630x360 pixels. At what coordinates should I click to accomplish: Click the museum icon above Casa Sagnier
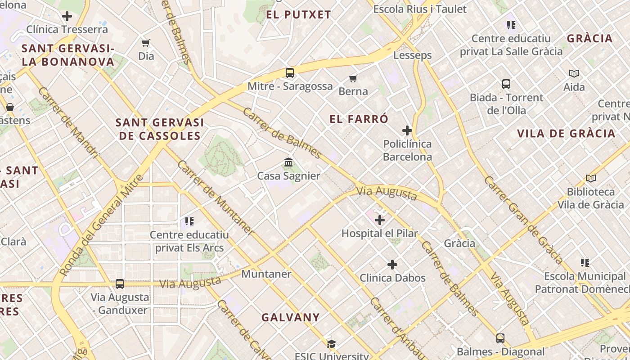click(288, 162)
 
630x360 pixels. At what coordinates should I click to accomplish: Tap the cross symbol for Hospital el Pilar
click(380, 220)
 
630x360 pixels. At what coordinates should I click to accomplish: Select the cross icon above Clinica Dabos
click(392, 265)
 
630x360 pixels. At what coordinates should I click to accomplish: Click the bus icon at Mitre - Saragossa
click(290, 72)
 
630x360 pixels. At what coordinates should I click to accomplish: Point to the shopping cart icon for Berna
click(353, 78)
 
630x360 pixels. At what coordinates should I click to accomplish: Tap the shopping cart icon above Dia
click(145, 43)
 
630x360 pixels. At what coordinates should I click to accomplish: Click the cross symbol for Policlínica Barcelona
click(407, 130)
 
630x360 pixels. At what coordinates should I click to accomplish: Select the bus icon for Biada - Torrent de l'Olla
click(506, 84)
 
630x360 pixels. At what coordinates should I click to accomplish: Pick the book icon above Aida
click(574, 73)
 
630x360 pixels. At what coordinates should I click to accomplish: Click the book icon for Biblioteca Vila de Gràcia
click(591, 179)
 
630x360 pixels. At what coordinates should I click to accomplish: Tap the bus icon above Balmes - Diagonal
click(500, 338)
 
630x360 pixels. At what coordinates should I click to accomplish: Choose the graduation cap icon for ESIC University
click(332, 344)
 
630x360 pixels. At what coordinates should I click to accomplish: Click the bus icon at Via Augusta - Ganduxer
click(120, 283)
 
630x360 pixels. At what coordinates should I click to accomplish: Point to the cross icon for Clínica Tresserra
click(67, 17)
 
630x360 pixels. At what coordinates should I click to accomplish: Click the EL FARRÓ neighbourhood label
click(359, 119)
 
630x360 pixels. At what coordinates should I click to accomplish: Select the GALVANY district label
click(291, 317)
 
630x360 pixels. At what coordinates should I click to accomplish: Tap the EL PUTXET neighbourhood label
click(298, 14)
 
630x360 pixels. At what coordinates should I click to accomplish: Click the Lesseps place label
click(413, 55)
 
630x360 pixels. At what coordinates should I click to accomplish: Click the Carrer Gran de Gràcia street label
click(523, 220)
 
